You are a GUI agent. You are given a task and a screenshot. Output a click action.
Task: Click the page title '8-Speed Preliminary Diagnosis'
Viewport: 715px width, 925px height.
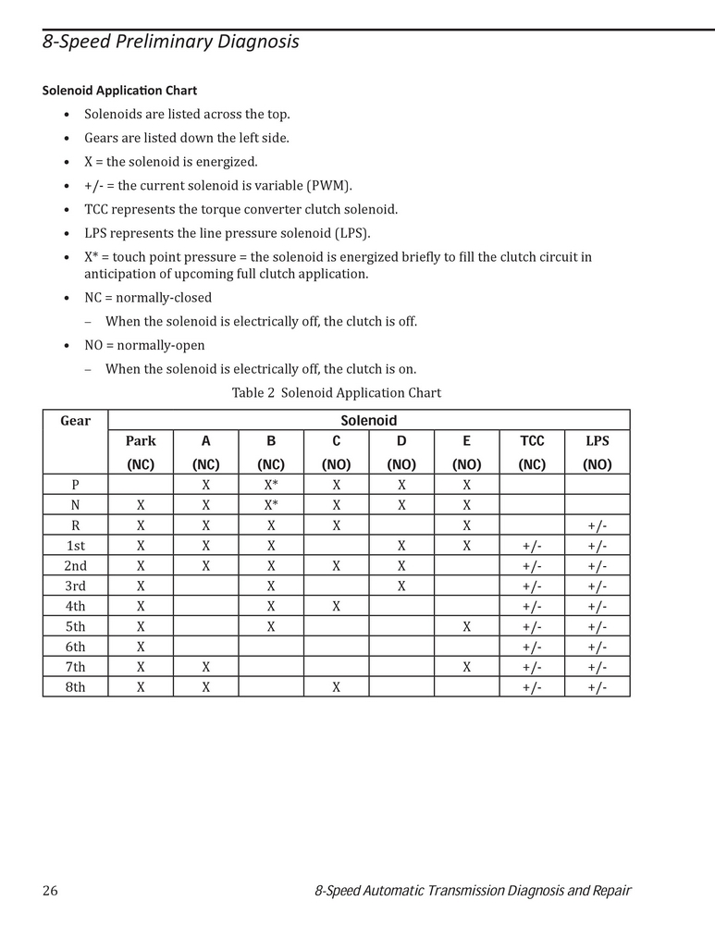(171, 43)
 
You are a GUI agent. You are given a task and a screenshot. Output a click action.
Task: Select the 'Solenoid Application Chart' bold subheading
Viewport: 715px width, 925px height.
(119, 91)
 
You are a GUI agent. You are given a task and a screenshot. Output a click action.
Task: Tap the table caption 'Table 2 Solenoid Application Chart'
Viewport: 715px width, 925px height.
(336, 393)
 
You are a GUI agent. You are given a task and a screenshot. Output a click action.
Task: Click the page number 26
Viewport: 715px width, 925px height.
(50, 891)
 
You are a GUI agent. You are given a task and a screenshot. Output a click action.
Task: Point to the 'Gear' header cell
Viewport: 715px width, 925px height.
(75, 421)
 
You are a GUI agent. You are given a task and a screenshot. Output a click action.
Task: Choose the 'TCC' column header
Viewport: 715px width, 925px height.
(532, 441)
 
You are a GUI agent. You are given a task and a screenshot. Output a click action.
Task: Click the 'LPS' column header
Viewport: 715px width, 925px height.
(597, 441)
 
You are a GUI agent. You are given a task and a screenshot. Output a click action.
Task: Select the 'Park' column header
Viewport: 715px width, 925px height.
(141, 441)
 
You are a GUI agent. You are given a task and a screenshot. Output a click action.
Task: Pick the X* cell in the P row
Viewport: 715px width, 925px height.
(271, 484)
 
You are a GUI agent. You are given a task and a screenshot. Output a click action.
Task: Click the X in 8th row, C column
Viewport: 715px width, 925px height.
(337, 687)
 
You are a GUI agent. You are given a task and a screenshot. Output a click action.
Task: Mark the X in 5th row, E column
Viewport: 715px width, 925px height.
(467, 626)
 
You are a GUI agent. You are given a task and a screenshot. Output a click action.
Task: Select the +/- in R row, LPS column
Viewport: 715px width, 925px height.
(597, 524)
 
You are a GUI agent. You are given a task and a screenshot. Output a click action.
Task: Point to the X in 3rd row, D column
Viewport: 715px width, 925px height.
(401, 586)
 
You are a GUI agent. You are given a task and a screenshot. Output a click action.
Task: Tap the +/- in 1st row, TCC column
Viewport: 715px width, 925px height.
(532, 545)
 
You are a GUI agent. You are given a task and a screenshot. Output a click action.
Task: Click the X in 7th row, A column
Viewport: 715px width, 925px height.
(205, 667)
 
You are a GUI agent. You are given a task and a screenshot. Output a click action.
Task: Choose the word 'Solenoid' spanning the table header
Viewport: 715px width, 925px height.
(369, 421)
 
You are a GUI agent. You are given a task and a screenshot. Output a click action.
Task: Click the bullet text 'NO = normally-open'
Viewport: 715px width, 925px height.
(144, 345)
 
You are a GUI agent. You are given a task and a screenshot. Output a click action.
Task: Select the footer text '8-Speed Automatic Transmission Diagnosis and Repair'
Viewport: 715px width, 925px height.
(473, 891)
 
